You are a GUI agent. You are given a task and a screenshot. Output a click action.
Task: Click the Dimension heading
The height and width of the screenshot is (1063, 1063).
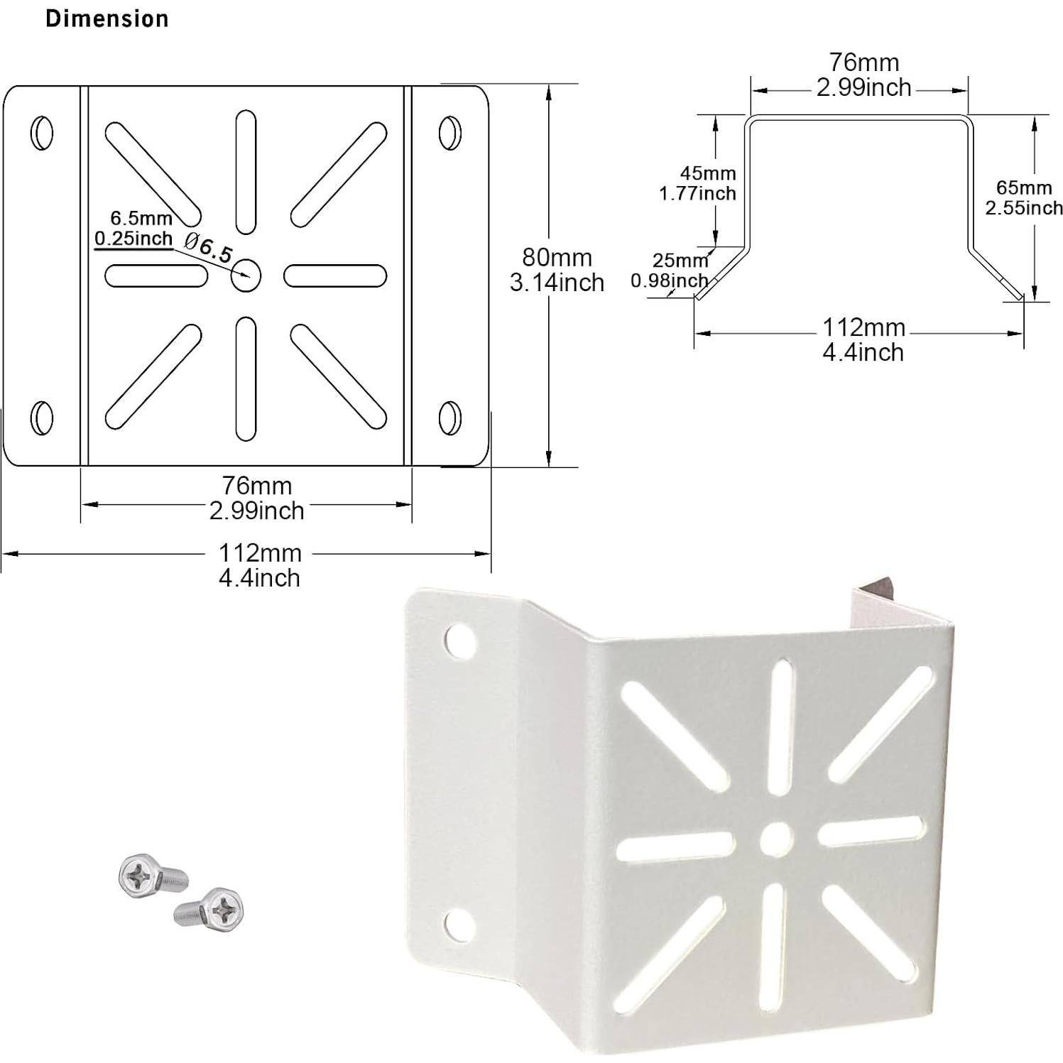tap(107, 18)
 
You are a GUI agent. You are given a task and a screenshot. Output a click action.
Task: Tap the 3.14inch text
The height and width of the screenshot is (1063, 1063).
tap(557, 283)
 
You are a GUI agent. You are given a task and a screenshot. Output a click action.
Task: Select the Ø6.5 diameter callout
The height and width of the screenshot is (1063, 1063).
tap(208, 246)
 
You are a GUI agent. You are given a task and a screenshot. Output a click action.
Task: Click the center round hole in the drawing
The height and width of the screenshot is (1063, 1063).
tap(246, 275)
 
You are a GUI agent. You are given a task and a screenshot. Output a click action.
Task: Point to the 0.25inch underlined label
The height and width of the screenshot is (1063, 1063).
tap(133, 239)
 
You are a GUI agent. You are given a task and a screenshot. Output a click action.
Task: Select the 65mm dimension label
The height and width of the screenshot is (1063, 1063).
tap(1023, 187)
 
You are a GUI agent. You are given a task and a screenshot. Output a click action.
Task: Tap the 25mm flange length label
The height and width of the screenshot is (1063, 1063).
tap(680, 261)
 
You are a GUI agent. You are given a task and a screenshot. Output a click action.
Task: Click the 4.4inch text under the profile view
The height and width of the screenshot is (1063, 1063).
tap(863, 352)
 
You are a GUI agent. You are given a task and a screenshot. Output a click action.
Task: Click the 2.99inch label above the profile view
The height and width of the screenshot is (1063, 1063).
tap(863, 87)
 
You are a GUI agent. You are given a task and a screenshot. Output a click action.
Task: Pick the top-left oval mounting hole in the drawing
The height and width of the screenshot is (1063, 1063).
tap(42, 131)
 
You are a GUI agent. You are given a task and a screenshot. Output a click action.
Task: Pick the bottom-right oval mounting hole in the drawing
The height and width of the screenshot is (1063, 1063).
tap(449, 417)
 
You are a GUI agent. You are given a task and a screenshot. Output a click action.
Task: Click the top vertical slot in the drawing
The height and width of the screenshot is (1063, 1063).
tap(246, 171)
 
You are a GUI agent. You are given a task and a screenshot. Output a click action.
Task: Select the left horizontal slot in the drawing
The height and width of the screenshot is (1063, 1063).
tap(156, 275)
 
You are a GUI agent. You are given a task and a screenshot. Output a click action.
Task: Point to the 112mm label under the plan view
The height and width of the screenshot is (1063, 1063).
tap(259, 552)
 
